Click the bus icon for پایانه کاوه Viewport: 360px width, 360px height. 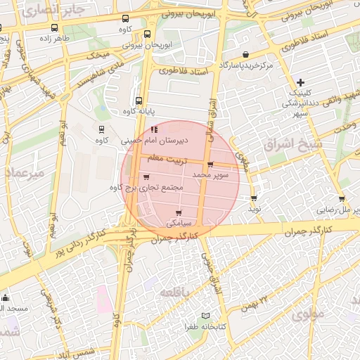point(139,100)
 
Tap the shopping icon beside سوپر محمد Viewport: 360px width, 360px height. point(210,165)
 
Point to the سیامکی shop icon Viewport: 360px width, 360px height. point(179,212)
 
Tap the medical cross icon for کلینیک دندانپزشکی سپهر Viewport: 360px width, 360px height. point(301,83)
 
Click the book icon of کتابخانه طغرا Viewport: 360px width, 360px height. point(205,316)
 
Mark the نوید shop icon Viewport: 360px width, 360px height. point(254,198)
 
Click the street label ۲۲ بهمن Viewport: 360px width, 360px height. point(255,303)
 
